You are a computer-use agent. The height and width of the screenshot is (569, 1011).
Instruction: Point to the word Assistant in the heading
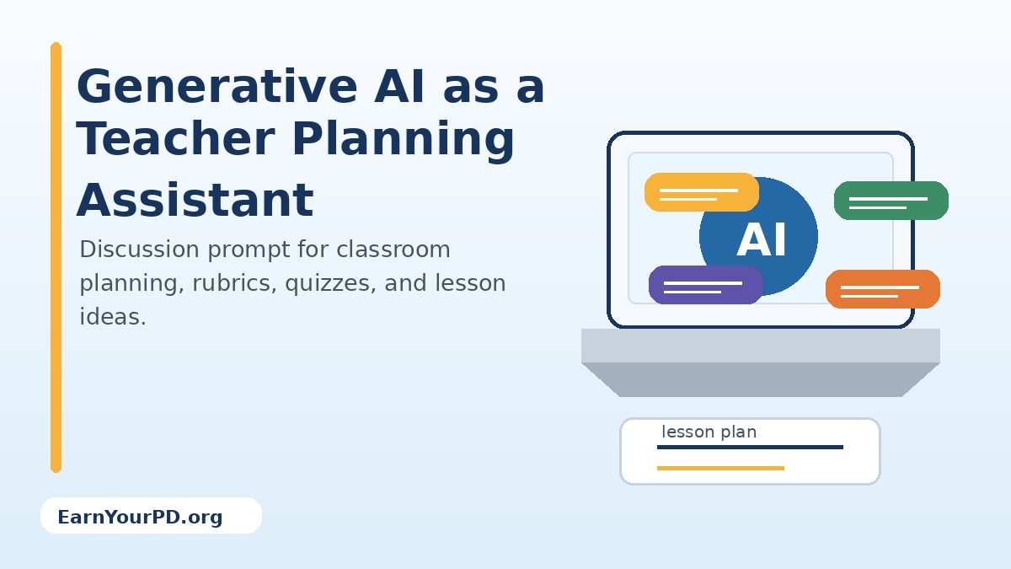(195, 201)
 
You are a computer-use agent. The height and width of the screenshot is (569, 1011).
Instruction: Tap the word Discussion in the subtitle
(139, 250)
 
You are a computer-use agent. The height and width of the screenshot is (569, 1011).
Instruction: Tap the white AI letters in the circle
(762, 240)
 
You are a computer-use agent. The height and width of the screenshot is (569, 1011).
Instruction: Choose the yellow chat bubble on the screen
(701, 192)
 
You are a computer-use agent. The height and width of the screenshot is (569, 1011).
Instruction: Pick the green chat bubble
(891, 201)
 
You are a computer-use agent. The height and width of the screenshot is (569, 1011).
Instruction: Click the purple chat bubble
(705, 285)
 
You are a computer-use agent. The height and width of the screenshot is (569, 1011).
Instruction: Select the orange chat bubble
(882, 289)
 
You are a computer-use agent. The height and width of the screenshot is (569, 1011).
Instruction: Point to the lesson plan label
(709, 432)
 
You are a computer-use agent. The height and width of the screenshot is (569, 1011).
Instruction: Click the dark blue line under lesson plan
(750, 447)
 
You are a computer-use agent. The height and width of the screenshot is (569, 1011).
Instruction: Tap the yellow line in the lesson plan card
(720, 468)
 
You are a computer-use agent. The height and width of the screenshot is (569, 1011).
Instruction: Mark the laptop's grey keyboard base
(760, 362)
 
